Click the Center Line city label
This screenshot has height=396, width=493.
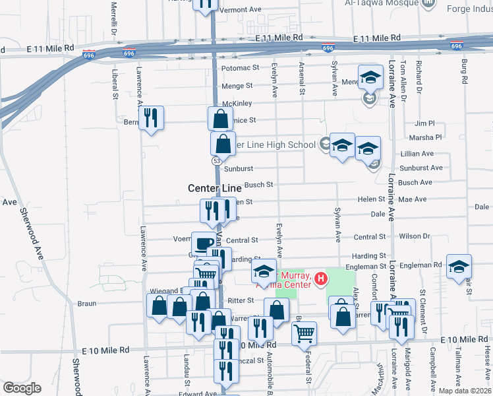pos(215,188)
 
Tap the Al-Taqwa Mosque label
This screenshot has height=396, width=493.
pos(382,3)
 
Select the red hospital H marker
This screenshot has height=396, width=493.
pos(321,279)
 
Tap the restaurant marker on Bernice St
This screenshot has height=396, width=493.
pos(152,118)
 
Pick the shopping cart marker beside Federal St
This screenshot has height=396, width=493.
pos(304,334)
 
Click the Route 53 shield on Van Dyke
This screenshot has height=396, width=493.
pos(216,161)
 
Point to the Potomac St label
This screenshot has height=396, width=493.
pos(241,68)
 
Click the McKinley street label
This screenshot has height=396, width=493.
pos(237,104)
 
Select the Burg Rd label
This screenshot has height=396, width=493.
pos(465,71)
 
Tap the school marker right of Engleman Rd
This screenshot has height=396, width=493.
pos(459,266)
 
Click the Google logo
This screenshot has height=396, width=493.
pos(22,388)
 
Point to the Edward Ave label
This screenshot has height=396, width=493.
pos(202,393)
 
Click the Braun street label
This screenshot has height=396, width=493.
pos(87,304)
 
